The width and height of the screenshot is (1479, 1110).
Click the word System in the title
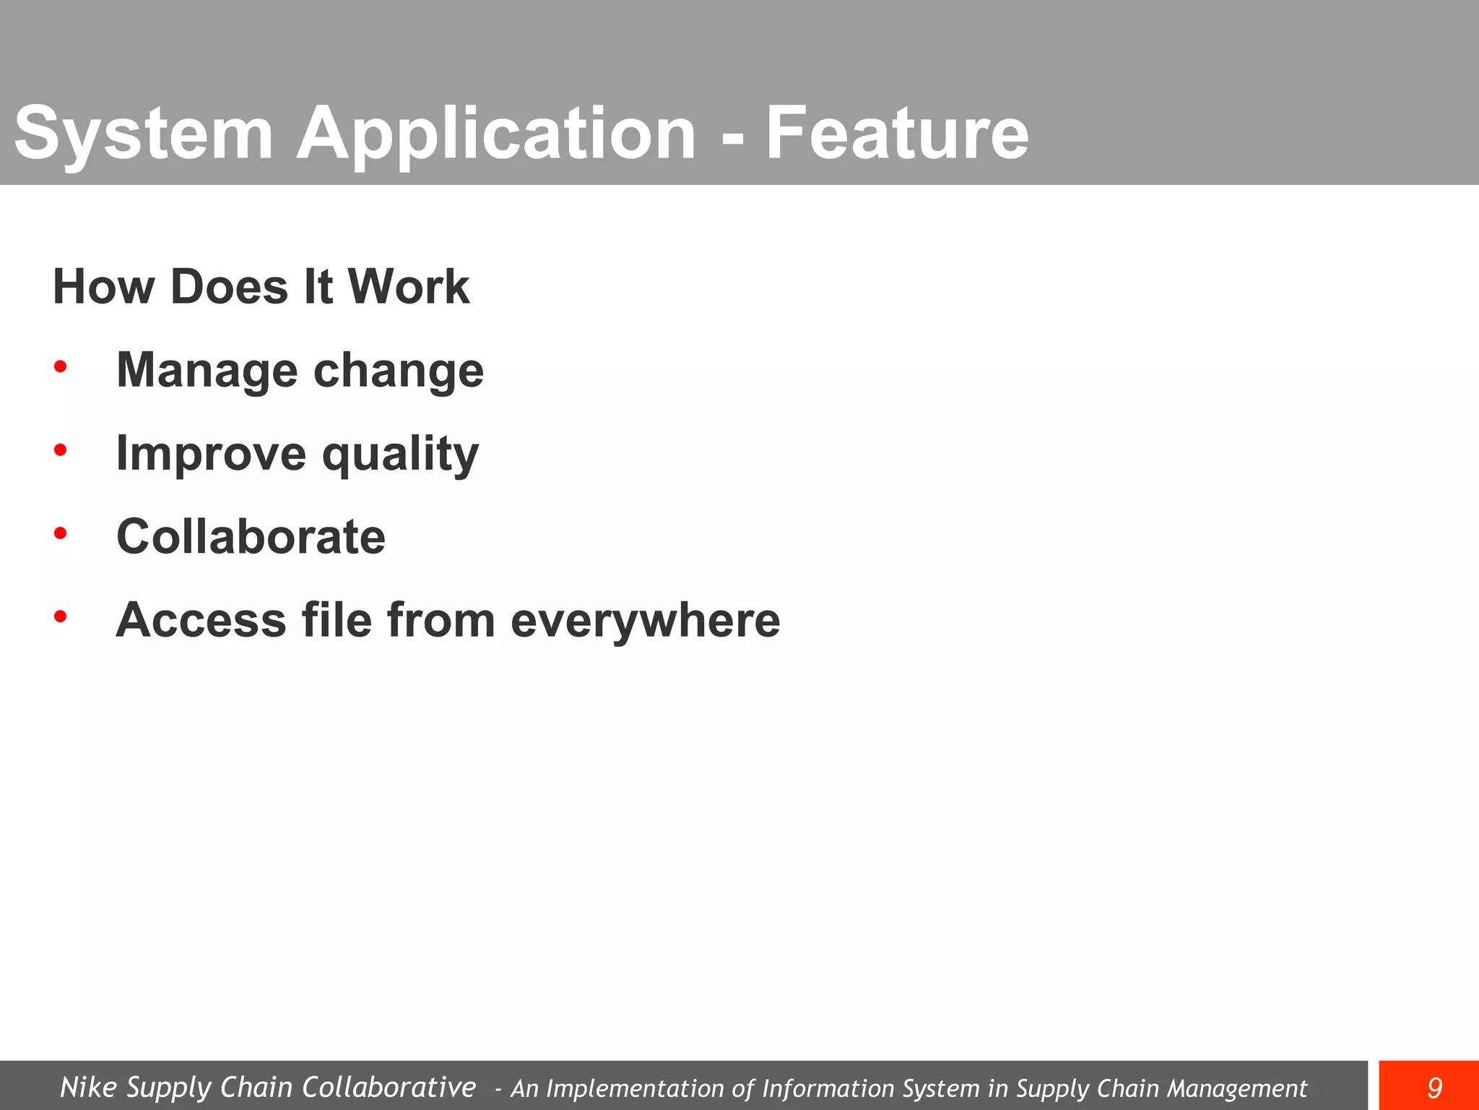tap(144, 133)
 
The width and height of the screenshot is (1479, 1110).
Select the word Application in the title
tap(496, 134)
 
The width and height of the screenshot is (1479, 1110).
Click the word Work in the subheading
tap(409, 287)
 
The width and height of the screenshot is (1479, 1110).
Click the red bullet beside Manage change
tap(61, 367)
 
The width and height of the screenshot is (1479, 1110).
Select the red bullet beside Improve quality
tap(61, 450)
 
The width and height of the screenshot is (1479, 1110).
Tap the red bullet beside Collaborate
tap(61, 533)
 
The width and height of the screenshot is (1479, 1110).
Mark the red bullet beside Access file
tap(61, 616)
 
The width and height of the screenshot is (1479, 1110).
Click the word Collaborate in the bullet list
tap(251, 537)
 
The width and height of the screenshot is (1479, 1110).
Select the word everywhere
tap(646, 621)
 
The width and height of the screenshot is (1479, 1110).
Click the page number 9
tap(1434, 1088)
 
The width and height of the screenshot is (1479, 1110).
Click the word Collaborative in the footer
tap(389, 1087)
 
